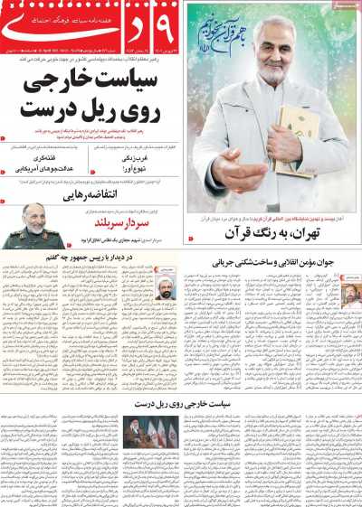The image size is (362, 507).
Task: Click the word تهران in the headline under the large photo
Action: tap(321, 235)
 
